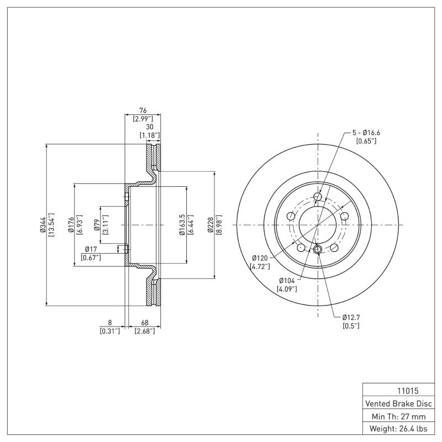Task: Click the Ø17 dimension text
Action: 91,250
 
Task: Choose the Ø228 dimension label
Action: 210,225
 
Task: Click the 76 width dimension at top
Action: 142,110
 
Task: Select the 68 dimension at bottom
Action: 144,323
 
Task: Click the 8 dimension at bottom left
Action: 110,323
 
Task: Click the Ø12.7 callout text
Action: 351,318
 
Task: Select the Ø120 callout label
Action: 260,258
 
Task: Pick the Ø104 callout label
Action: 287,281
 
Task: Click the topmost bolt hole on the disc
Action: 318,197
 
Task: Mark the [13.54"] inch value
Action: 51,225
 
